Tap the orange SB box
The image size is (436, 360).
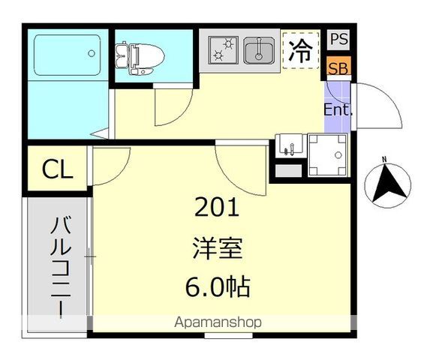338,67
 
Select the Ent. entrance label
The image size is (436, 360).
338,109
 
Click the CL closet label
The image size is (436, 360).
57,170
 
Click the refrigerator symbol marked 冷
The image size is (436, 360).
300,51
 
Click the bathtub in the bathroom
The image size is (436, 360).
68,54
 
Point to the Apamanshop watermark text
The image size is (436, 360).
218,323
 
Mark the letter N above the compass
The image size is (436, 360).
384,159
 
